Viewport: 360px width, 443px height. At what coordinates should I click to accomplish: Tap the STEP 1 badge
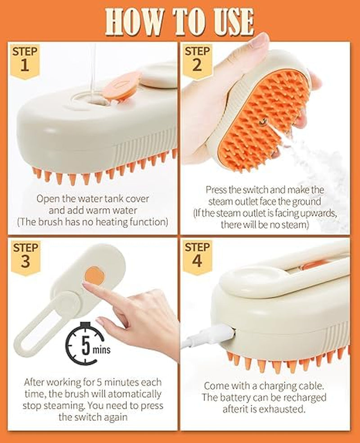pyautogui.click(x=25, y=59)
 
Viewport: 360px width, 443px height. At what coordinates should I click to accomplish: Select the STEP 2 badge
pyautogui.click(x=197, y=59)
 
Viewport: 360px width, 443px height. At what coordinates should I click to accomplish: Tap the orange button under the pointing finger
pyautogui.click(x=94, y=275)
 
